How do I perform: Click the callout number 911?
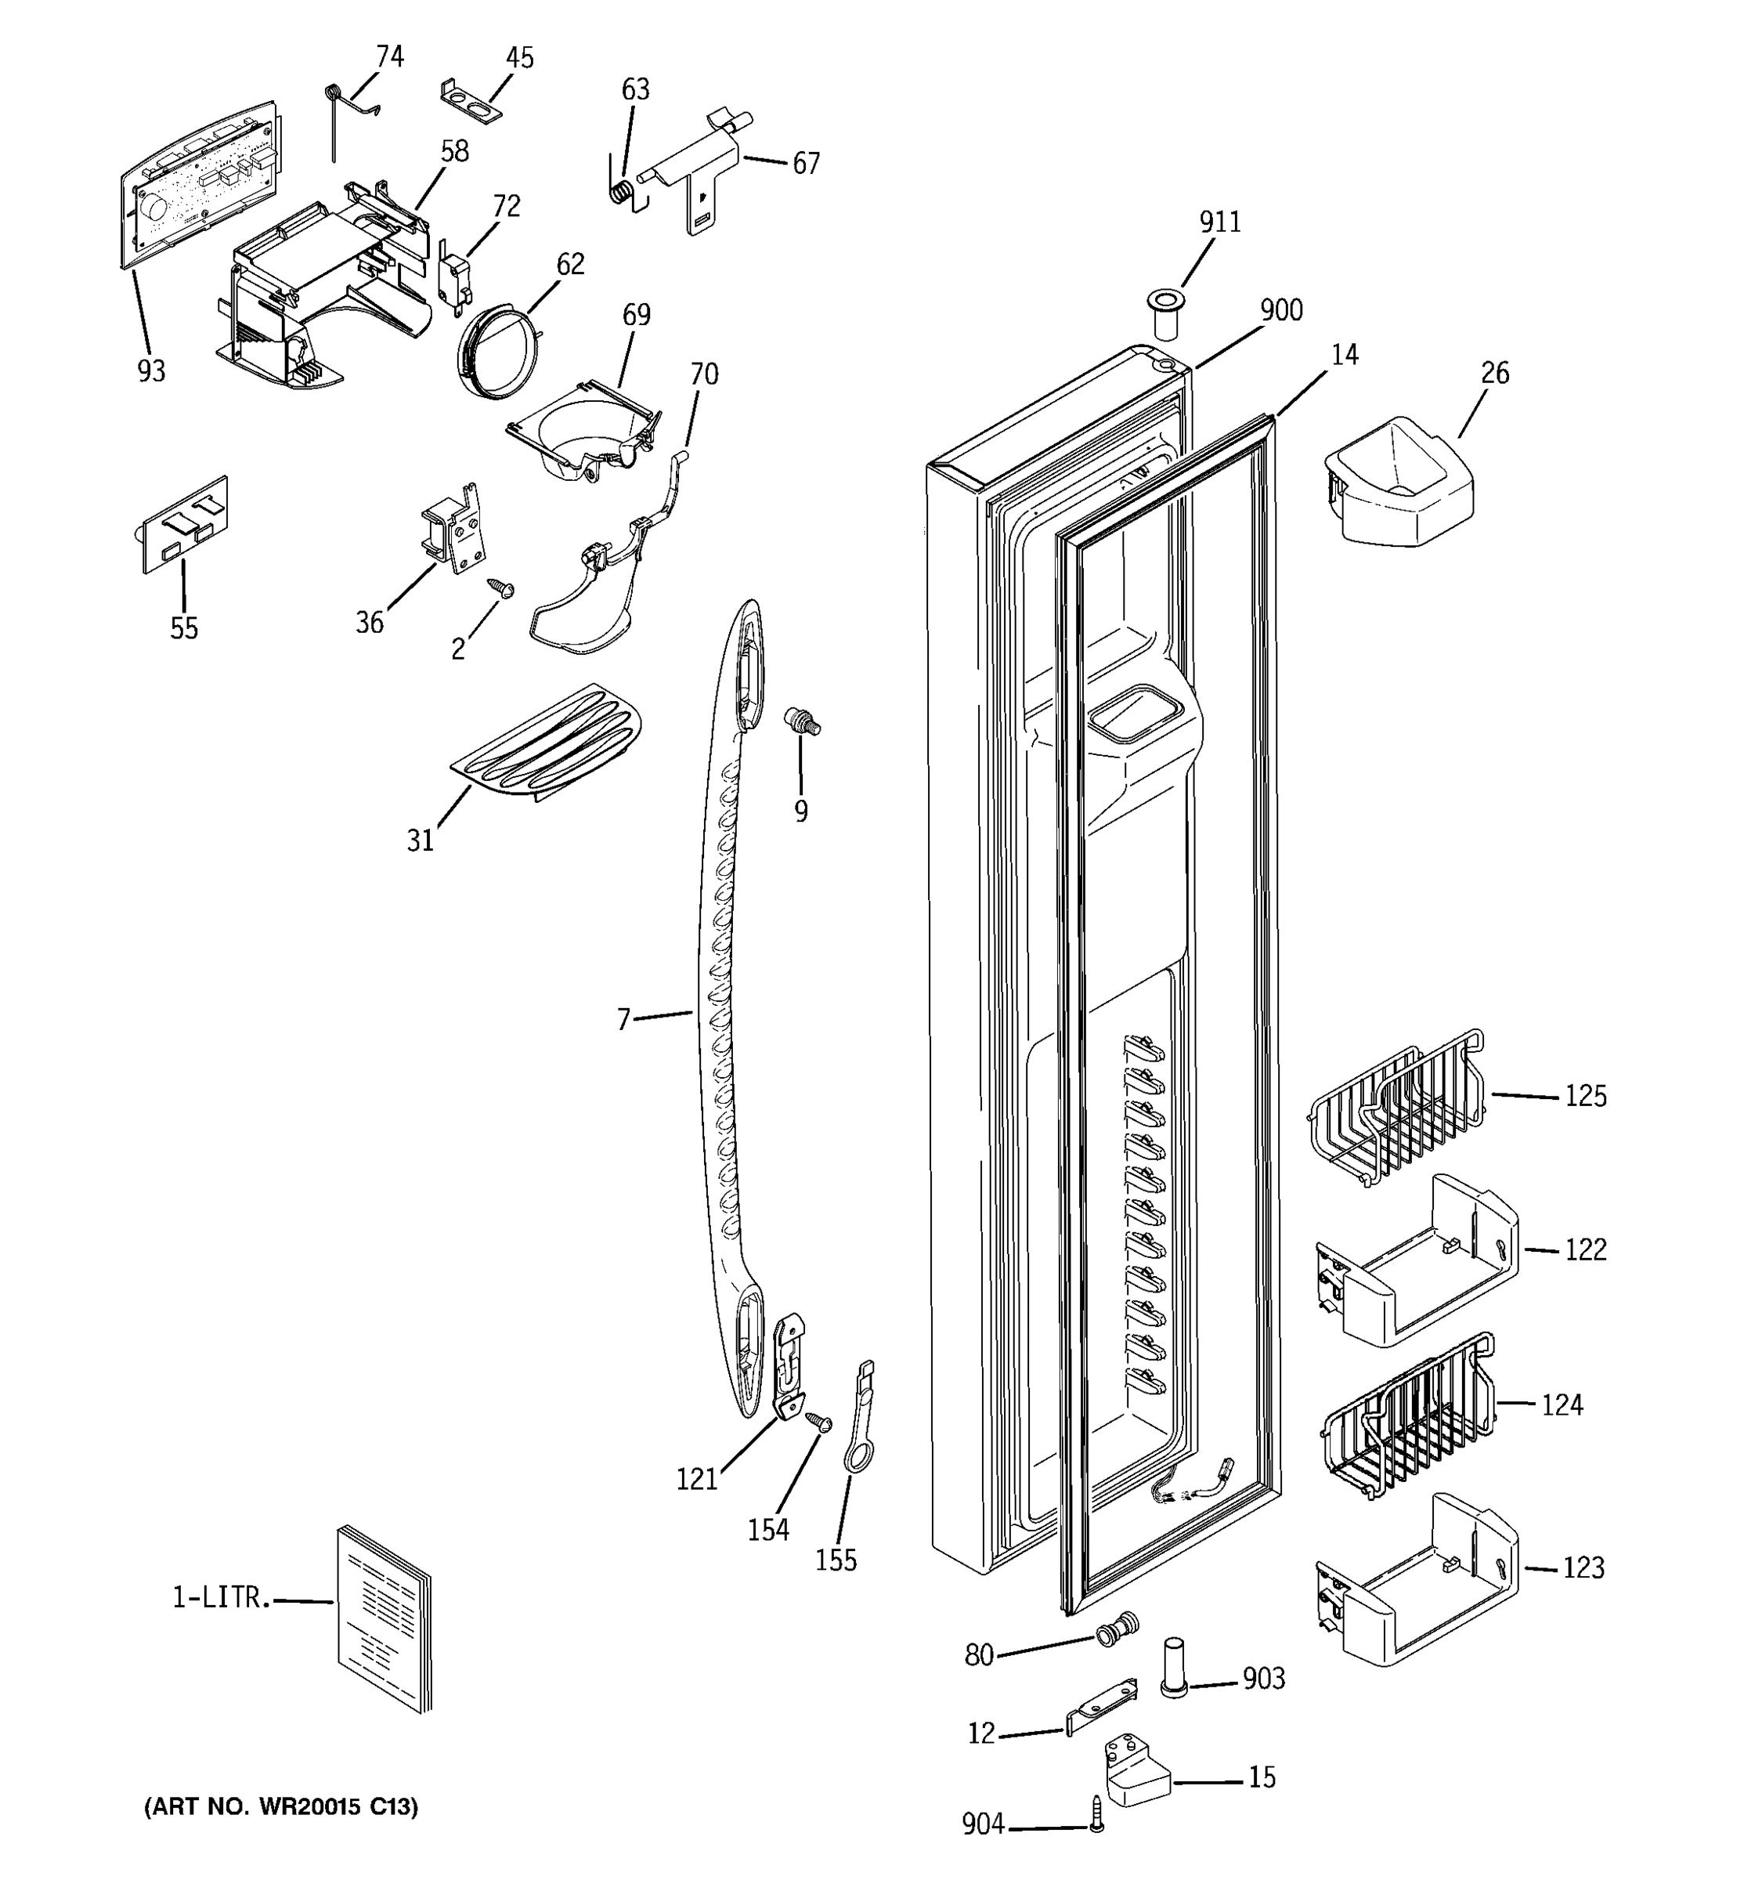tap(1219, 222)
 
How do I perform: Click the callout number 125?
tap(1585, 1096)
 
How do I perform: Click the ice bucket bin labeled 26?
tap(1398, 484)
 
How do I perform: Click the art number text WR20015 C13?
tap(281, 1807)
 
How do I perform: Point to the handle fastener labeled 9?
tap(803, 722)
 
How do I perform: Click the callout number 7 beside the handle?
tap(623, 1019)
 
